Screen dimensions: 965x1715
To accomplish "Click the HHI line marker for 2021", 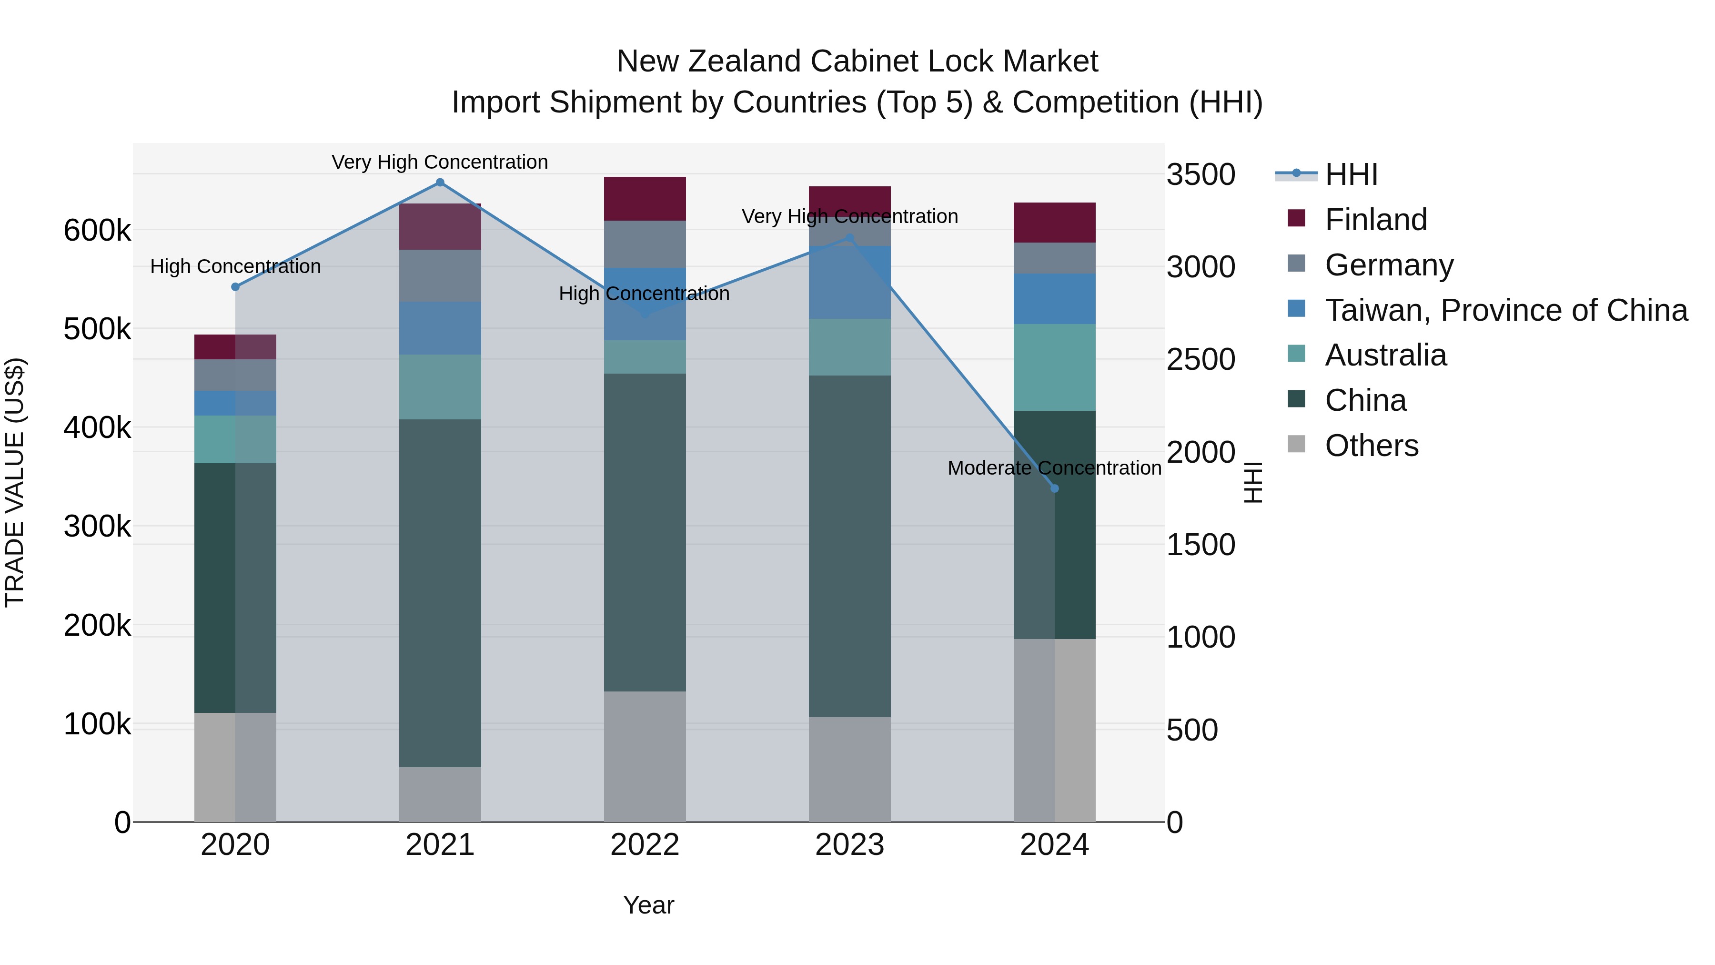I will (x=440, y=183).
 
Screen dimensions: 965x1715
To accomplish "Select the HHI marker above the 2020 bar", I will (x=235, y=287).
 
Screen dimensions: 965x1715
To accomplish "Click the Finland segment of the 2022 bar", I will (x=645, y=198).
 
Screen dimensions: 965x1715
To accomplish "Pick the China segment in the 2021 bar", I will (x=440, y=593).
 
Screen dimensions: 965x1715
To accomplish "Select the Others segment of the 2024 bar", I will (x=1055, y=730).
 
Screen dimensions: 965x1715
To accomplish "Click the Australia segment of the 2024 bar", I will (x=1055, y=367).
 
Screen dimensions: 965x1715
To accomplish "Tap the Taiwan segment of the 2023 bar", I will (x=849, y=283).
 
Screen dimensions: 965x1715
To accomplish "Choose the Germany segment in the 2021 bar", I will (x=440, y=276).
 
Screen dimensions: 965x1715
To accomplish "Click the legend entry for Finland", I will (x=1375, y=220).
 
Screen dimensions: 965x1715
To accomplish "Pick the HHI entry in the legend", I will (x=1351, y=174).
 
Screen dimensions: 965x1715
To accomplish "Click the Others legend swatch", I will (x=1296, y=444).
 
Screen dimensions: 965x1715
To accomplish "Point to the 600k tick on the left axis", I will (x=97, y=231).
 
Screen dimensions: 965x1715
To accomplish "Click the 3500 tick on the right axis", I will (x=1200, y=174).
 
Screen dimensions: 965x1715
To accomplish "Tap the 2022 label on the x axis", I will (x=645, y=845).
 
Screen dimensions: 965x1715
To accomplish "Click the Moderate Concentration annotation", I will (x=1055, y=468).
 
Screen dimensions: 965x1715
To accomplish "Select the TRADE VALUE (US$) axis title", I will (x=15, y=482).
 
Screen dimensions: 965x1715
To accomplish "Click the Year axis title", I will (x=648, y=905).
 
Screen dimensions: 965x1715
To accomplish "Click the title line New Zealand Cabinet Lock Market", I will (x=857, y=61).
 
